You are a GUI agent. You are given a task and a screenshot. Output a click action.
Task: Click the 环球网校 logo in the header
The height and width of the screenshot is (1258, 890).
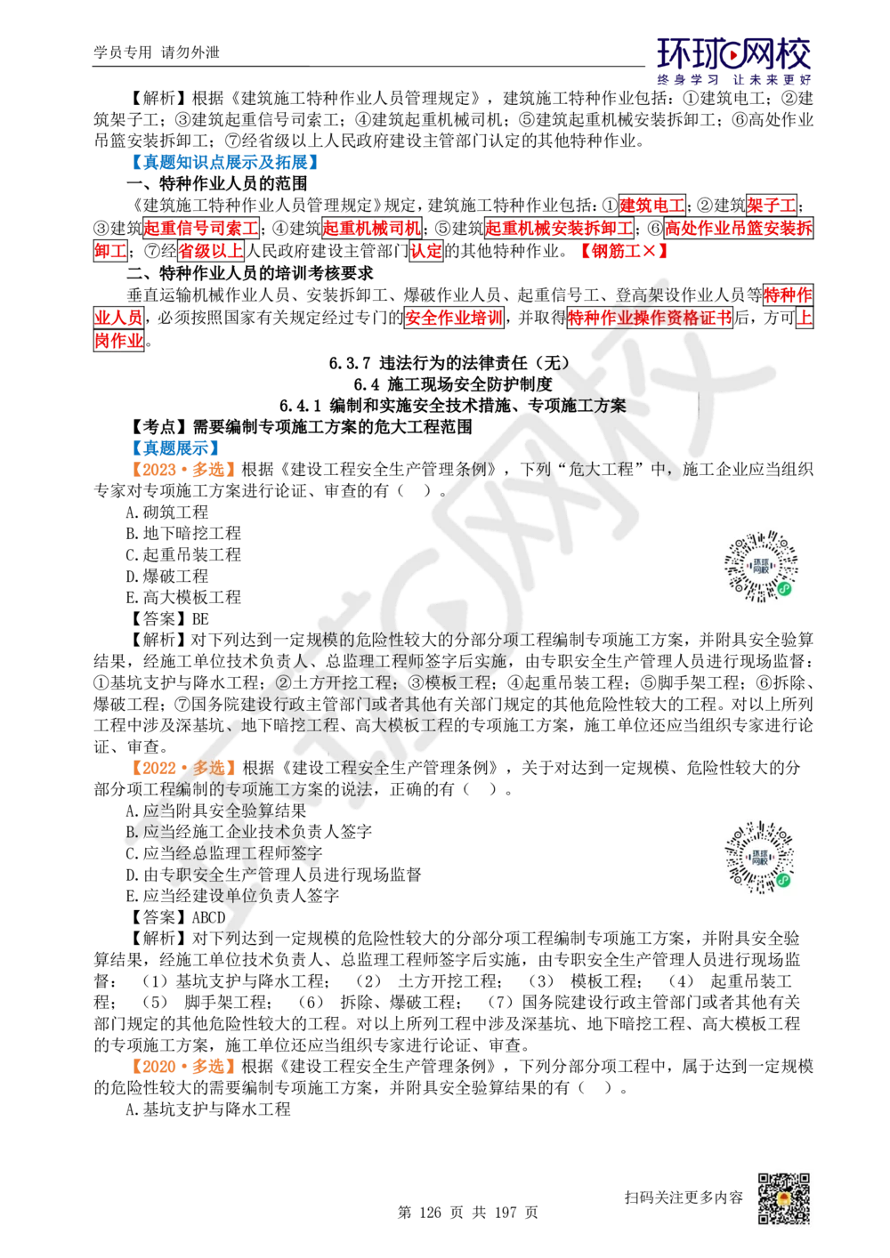733,60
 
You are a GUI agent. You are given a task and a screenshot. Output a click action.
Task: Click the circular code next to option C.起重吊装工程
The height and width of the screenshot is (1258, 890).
761,566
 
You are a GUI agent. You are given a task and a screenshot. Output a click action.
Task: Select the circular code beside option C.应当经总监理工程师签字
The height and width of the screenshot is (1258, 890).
760,858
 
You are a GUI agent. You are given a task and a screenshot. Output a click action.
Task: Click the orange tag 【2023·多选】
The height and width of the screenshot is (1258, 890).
182,469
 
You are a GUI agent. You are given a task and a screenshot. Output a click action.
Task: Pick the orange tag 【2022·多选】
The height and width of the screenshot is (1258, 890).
182,767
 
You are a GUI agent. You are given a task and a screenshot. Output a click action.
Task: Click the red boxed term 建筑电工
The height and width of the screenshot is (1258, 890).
651,205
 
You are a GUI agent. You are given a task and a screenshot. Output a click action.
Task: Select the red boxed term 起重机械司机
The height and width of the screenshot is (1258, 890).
371,228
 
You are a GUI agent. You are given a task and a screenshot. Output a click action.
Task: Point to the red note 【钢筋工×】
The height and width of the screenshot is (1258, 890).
624,251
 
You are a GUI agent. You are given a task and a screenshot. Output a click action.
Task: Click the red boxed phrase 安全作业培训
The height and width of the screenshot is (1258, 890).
453,318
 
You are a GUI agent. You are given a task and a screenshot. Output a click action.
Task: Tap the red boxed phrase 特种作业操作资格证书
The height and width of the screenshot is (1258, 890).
650,318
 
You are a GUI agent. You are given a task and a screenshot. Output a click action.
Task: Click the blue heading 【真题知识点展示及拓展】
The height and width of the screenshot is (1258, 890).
225,162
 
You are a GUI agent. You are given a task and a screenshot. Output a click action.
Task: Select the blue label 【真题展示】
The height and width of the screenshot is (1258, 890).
174,448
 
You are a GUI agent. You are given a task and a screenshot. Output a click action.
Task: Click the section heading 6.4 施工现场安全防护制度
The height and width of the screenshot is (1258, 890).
453,384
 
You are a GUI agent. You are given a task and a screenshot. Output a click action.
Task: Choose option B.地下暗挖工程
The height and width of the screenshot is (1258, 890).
183,533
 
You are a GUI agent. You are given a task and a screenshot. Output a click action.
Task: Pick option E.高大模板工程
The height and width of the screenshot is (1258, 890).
183,597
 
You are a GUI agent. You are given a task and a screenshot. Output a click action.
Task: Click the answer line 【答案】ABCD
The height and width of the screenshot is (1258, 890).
176,917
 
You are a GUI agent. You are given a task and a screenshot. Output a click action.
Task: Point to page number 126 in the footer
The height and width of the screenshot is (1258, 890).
430,1212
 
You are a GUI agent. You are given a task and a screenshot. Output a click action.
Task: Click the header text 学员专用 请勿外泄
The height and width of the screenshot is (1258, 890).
157,52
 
